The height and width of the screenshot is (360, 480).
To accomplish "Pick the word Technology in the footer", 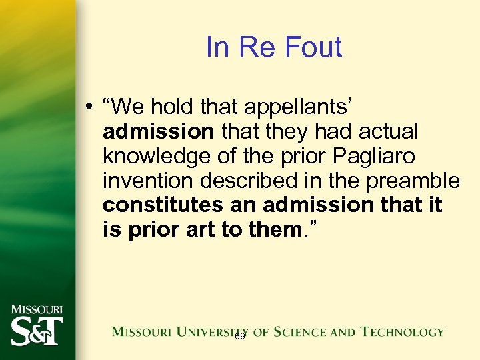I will pyautogui.click(x=402, y=331).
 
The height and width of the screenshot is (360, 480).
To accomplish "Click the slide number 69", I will pyautogui.click(x=240, y=337).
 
